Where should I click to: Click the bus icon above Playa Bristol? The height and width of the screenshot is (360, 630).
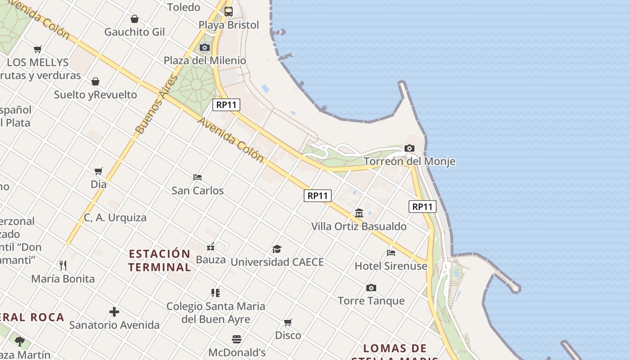[x=229, y=12]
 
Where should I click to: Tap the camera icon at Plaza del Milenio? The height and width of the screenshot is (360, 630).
[x=205, y=47]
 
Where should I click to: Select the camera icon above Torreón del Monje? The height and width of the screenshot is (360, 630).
[x=409, y=148]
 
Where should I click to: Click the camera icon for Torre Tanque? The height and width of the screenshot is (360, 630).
[x=371, y=288]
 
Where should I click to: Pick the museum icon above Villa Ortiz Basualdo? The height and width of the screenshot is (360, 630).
[x=359, y=213]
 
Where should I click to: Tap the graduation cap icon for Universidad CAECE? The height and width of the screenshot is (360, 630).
[x=277, y=249]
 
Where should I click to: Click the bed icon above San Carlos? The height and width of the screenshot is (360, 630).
[x=197, y=177]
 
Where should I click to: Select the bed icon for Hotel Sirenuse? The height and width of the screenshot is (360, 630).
[x=391, y=253]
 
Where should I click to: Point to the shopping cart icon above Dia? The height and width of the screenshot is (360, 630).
[x=99, y=171]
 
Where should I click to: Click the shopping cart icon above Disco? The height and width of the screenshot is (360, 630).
[x=288, y=322]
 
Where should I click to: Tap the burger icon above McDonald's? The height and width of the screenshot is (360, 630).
[x=237, y=339]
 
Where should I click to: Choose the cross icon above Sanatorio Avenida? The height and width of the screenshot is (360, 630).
[x=114, y=311]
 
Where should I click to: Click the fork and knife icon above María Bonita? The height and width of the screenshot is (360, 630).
[x=63, y=265]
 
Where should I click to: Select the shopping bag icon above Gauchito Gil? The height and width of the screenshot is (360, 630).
[x=134, y=19]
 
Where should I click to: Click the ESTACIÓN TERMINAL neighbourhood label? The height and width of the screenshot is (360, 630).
[x=160, y=260]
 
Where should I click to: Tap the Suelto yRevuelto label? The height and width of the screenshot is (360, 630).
[x=95, y=94]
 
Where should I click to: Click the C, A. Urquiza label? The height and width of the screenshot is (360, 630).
[x=115, y=217]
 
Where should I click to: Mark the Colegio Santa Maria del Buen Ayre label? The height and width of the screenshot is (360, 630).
[x=216, y=312]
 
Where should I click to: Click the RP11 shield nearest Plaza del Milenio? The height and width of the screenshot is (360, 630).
[x=226, y=105]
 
